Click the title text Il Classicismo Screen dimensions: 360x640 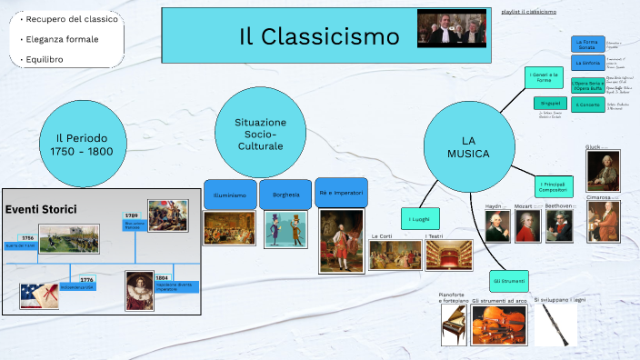(x=319, y=37)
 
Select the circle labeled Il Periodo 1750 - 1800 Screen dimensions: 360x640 (x=82, y=144)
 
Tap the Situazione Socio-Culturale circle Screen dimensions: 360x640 (x=260, y=134)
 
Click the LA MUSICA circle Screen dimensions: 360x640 (x=468, y=146)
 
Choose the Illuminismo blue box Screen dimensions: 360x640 (x=229, y=195)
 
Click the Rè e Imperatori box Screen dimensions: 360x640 (x=341, y=193)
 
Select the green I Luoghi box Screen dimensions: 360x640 (x=419, y=219)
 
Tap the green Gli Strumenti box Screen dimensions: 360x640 (x=508, y=281)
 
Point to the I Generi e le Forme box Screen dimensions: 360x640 (x=544, y=77)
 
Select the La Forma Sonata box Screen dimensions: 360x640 (x=587, y=45)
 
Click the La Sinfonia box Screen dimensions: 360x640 (x=587, y=64)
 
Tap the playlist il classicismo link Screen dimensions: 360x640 (x=528, y=12)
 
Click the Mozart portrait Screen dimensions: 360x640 (x=526, y=227)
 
